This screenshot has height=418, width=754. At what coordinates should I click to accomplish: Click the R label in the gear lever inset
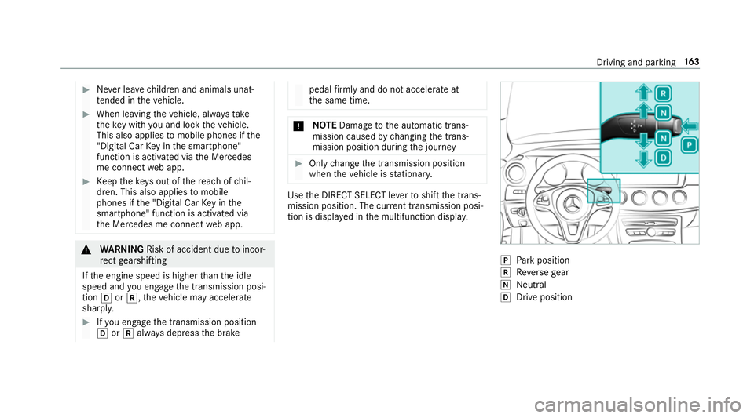tap(664, 91)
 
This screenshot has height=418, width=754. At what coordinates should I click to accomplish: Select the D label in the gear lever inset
tap(664, 158)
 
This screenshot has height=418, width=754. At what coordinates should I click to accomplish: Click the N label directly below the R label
tap(664, 112)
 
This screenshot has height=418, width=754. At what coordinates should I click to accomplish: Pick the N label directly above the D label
tap(664, 138)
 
